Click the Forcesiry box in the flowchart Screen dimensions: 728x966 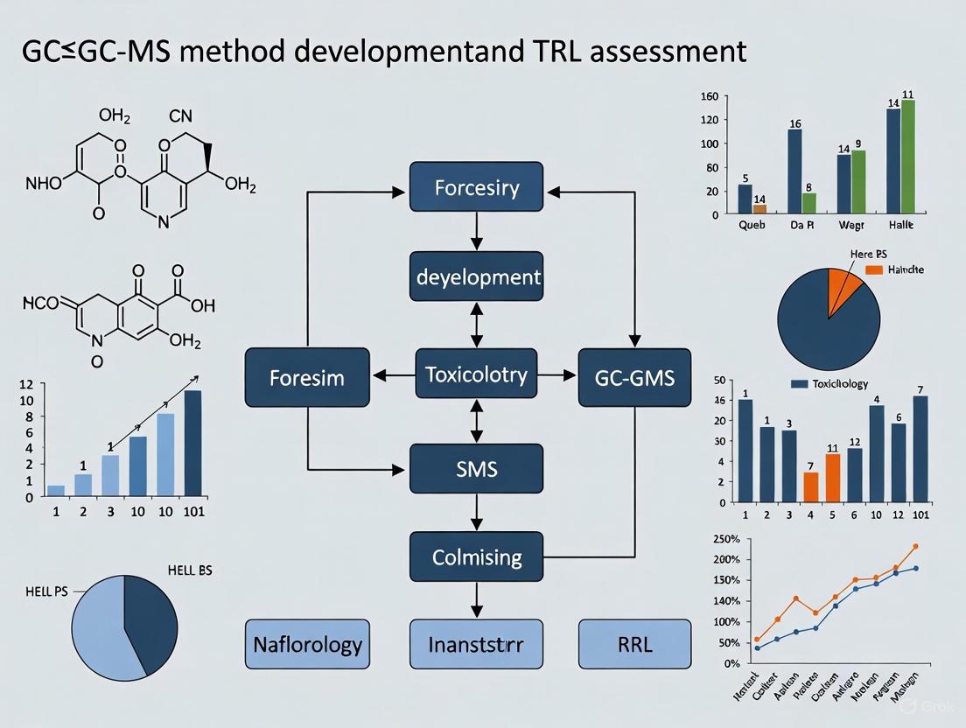tap(477, 188)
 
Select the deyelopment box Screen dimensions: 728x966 tap(477, 277)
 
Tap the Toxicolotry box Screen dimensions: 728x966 tap(477, 375)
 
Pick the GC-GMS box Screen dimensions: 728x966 tap(634, 378)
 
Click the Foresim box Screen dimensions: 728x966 tap(307, 378)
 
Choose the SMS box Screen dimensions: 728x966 tap(477, 468)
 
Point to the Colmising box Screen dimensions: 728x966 tap(477, 556)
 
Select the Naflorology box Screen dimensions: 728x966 tap(307, 646)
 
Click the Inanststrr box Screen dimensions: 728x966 tap(477, 646)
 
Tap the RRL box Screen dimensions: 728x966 tap(634, 646)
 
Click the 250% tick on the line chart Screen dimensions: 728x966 tap(728, 538)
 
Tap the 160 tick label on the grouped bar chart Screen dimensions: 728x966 tap(710, 96)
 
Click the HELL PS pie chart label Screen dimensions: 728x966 tap(49, 591)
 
